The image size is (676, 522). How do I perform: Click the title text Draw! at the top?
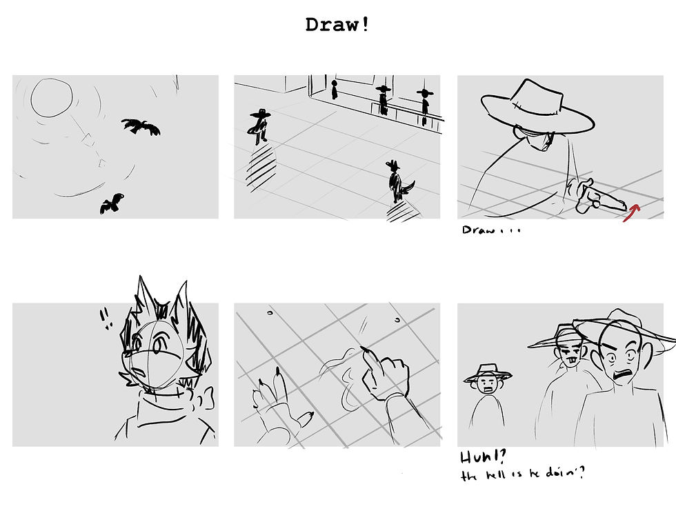pyautogui.click(x=337, y=25)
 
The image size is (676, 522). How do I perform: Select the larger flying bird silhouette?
pyautogui.click(x=142, y=126)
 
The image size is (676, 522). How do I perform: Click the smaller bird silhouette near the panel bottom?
pyautogui.click(x=112, y=203)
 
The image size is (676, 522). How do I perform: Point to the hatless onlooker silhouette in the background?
pyautogui.click(x=335, y=89)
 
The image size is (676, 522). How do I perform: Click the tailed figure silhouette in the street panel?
pyautogui.click(x=396, y=183)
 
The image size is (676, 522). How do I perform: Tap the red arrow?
pyautogui.click(x=632, y=211)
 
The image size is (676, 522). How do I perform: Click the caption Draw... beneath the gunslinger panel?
pyautogui.click(x=490, y=230)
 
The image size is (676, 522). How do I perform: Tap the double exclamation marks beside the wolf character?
pyautogui.click(x=106, y=318)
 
